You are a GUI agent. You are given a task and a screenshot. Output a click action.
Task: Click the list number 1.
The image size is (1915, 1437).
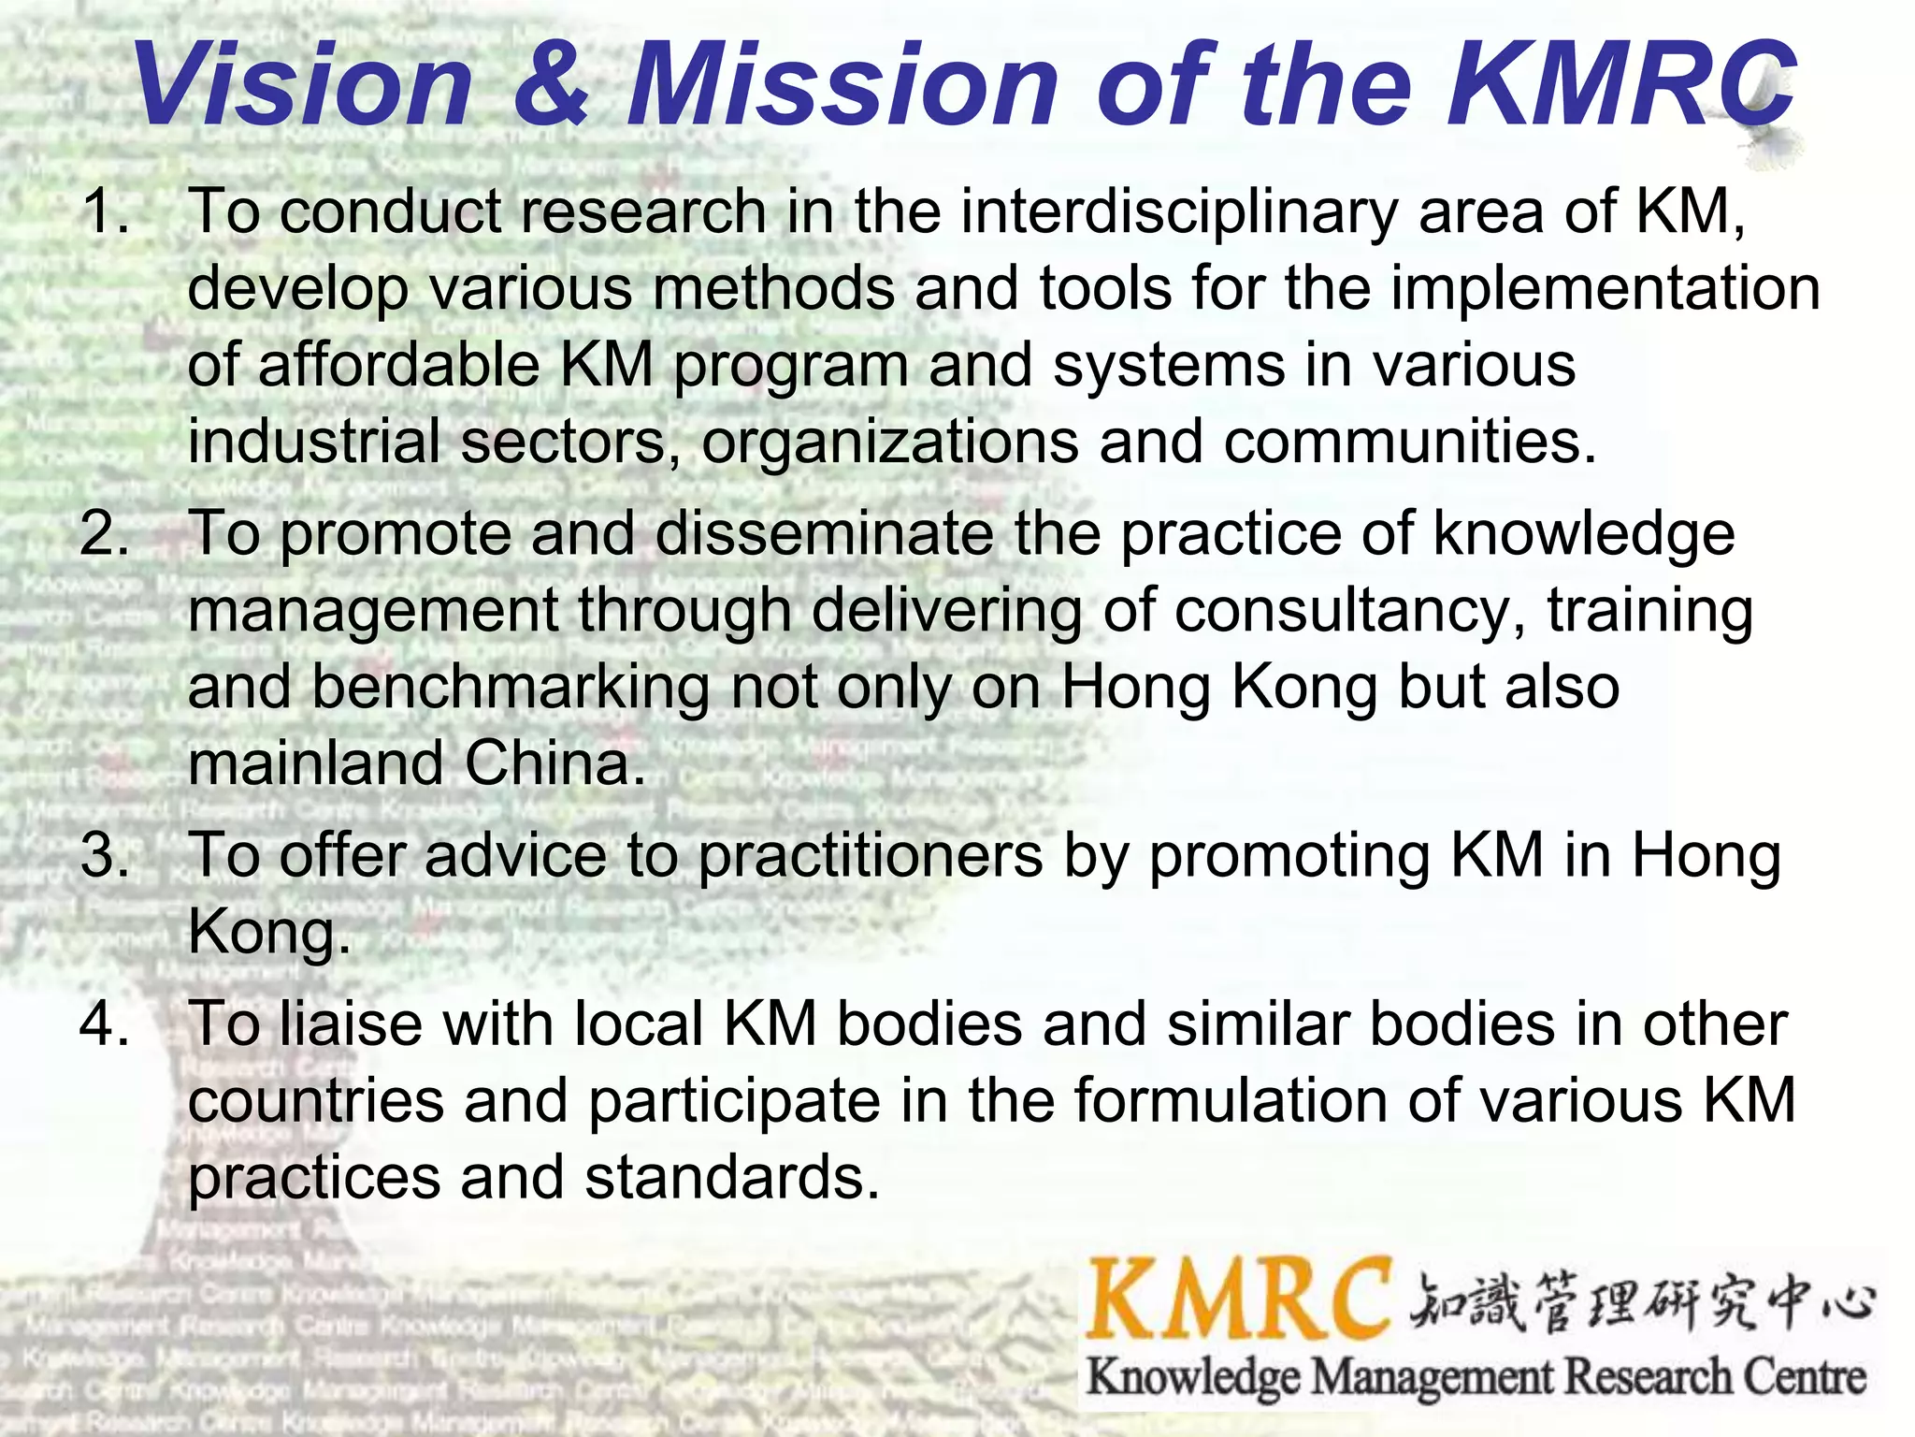[105, 211]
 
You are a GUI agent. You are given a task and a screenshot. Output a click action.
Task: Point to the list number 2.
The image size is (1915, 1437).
[105, 534]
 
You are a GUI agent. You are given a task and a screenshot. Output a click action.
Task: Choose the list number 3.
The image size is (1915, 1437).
[105, 856]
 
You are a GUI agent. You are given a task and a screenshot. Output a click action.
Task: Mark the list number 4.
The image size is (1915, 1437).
[105, 1023]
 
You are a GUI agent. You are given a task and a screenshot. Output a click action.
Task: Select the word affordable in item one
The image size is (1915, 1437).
[398, 365]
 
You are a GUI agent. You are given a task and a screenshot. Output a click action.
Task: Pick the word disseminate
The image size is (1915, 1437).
[824, 534]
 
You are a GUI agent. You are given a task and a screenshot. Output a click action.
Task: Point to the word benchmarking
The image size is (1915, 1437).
[510, 689]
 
